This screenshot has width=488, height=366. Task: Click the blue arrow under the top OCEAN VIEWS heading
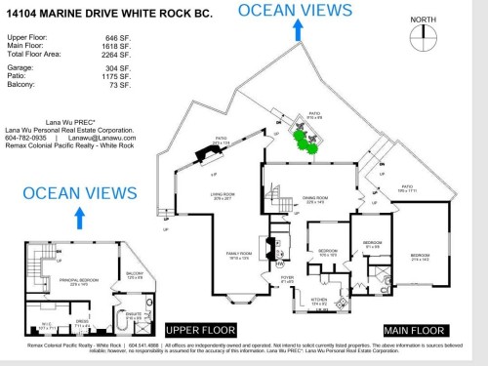(296, 29)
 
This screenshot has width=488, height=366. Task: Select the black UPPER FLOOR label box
(202, 329)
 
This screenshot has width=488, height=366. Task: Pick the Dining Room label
(315, 200)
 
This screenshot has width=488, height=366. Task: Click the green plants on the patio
(308, 144)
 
